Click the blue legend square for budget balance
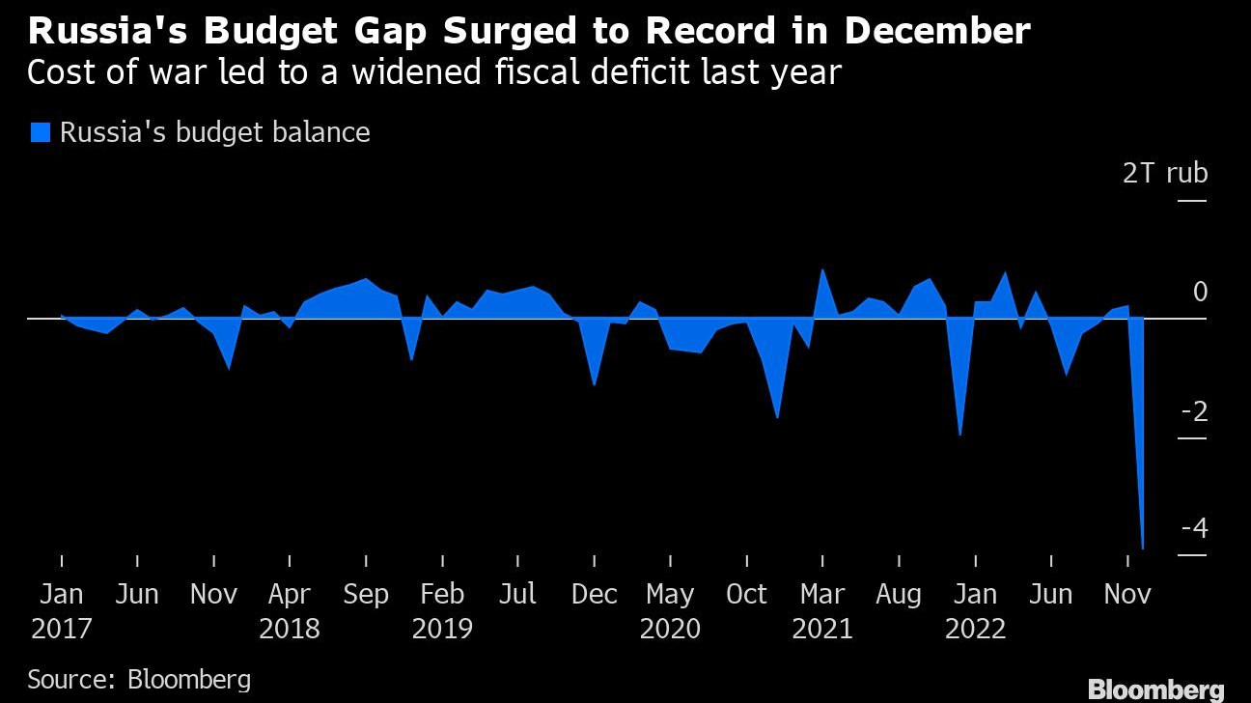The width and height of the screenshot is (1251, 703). (x=41, y=132)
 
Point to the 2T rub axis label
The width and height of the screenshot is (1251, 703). (x=1165, y=174)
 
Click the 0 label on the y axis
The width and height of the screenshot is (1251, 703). (x=1200, y=292)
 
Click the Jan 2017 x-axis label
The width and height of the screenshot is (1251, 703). (x=61, y=611)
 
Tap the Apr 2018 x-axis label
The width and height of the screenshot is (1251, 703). (x=290, y=611)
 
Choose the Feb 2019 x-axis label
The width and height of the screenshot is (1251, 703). (x=442, y=611)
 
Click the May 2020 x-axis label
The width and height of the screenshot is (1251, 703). (x=670, y=611)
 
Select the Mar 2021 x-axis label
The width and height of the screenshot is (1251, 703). (x=822, y=611)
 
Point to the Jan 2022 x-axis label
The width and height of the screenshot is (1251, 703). (x=975, y=611)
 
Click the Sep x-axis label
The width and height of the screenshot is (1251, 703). (x=366, y=594)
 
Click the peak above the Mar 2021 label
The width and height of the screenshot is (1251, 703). (x=822, y=269)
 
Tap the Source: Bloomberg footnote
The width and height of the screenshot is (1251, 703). (x=139, y=679)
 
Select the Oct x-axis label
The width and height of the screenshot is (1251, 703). (x=746, y=594)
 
